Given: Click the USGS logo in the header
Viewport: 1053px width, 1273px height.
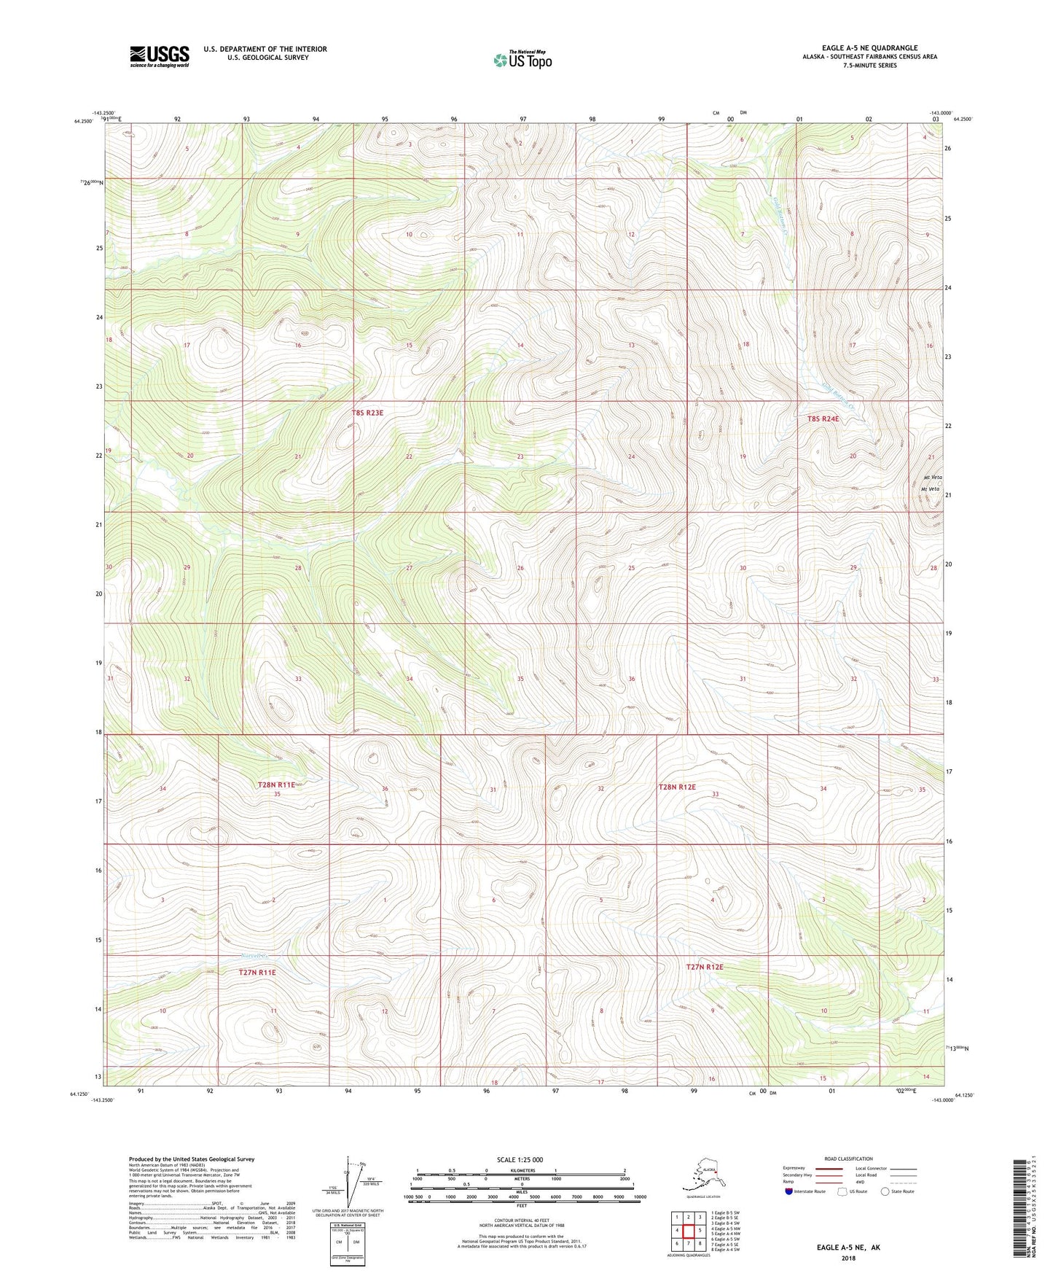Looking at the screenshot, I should point(159,56).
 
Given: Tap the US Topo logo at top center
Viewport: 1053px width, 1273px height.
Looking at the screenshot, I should point(522,59).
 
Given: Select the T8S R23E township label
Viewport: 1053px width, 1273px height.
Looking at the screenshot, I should point(367,413).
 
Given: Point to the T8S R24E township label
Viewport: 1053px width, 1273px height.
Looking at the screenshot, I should point(823,419).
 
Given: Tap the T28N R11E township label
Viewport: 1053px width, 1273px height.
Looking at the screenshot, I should point(276,785).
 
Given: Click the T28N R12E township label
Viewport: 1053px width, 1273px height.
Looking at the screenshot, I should point(677,787).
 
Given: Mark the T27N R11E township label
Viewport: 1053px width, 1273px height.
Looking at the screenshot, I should point(257,972).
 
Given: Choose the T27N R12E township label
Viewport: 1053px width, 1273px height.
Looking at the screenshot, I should point(705,967).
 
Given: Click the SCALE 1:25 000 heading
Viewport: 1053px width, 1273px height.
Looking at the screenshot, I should point(521,1160).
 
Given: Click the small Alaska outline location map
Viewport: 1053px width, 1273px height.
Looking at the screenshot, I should point(701,1175).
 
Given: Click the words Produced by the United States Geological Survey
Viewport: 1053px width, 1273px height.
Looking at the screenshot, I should point(192,1159).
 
